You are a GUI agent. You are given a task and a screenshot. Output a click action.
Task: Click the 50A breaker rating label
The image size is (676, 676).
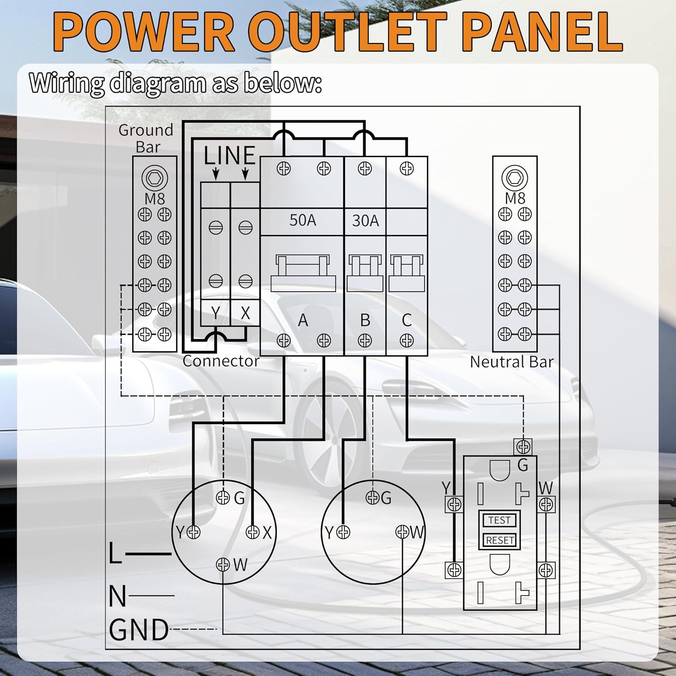pyautogui.click(x=302, y=220)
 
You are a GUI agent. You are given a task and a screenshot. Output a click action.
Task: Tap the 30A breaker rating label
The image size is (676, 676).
pyautogui.click(x=365, y=221)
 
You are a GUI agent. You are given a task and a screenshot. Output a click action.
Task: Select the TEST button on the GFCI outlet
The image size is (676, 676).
pyautogui.click(x=499, y=520)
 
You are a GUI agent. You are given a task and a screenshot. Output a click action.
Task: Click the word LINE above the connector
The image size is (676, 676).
pyautogui.click(x=229, y=156)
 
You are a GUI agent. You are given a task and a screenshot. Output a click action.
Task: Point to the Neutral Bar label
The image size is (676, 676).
pyautogui.click(x=512, y=362)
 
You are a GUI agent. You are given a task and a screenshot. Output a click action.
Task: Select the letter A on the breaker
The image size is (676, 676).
pyautogui.click(x=303, y=320)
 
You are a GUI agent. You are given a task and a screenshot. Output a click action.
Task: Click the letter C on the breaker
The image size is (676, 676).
pyautogui.click(x=407, y=320)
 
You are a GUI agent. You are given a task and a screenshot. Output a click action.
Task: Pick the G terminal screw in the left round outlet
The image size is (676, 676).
pyautogui.click(x=223, y=498)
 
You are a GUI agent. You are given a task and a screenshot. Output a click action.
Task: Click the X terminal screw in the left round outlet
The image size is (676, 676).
pyautogui.click(x=253, y=532)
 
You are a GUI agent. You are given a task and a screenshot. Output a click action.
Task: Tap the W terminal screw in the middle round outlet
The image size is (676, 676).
pyautogui.click(x=402, y=532)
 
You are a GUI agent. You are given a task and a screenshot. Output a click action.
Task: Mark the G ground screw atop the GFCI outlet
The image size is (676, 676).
pyautogui.click(x=523, y=447)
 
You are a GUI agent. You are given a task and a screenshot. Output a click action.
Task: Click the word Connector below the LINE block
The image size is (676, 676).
pyautogui.click(x=221, y=361)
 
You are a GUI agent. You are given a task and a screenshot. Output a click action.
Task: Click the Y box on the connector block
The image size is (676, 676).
pyautogui.click(x=215, y=312)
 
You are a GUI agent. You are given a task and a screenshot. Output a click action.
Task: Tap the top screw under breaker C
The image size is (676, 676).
pyautogui.click(x=407, y=169)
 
